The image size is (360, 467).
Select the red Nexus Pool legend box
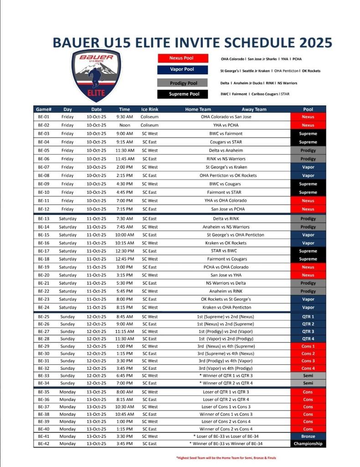[x=182, y=58]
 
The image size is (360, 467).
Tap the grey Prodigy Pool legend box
[x=182, y=83]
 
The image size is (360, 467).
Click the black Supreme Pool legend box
[x=182, y=94]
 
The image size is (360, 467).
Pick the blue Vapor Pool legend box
[x=182, y=69]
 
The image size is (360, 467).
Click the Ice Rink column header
[x=150, y=109]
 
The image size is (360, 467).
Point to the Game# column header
[x=44, y=109]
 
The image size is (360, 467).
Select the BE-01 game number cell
[x=44, y=117]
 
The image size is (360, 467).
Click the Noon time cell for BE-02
[x=124, y=125]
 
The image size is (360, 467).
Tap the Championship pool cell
[x=308, y=444]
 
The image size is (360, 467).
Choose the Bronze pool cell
[x=308, y=436]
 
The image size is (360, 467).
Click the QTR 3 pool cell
[x=308, y=332]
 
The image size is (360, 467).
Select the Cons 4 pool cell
[x=308, y=368]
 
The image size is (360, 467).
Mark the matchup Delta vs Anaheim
[x=226, y=150]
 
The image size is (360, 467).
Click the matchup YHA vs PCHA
[x=226, y=125]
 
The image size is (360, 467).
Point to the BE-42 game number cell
[x=44, y=444]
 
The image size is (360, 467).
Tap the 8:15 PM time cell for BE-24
[x=124, y=307]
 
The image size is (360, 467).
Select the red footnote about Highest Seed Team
[x=226, y=457]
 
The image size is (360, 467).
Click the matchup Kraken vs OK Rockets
[x=226, y=243]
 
